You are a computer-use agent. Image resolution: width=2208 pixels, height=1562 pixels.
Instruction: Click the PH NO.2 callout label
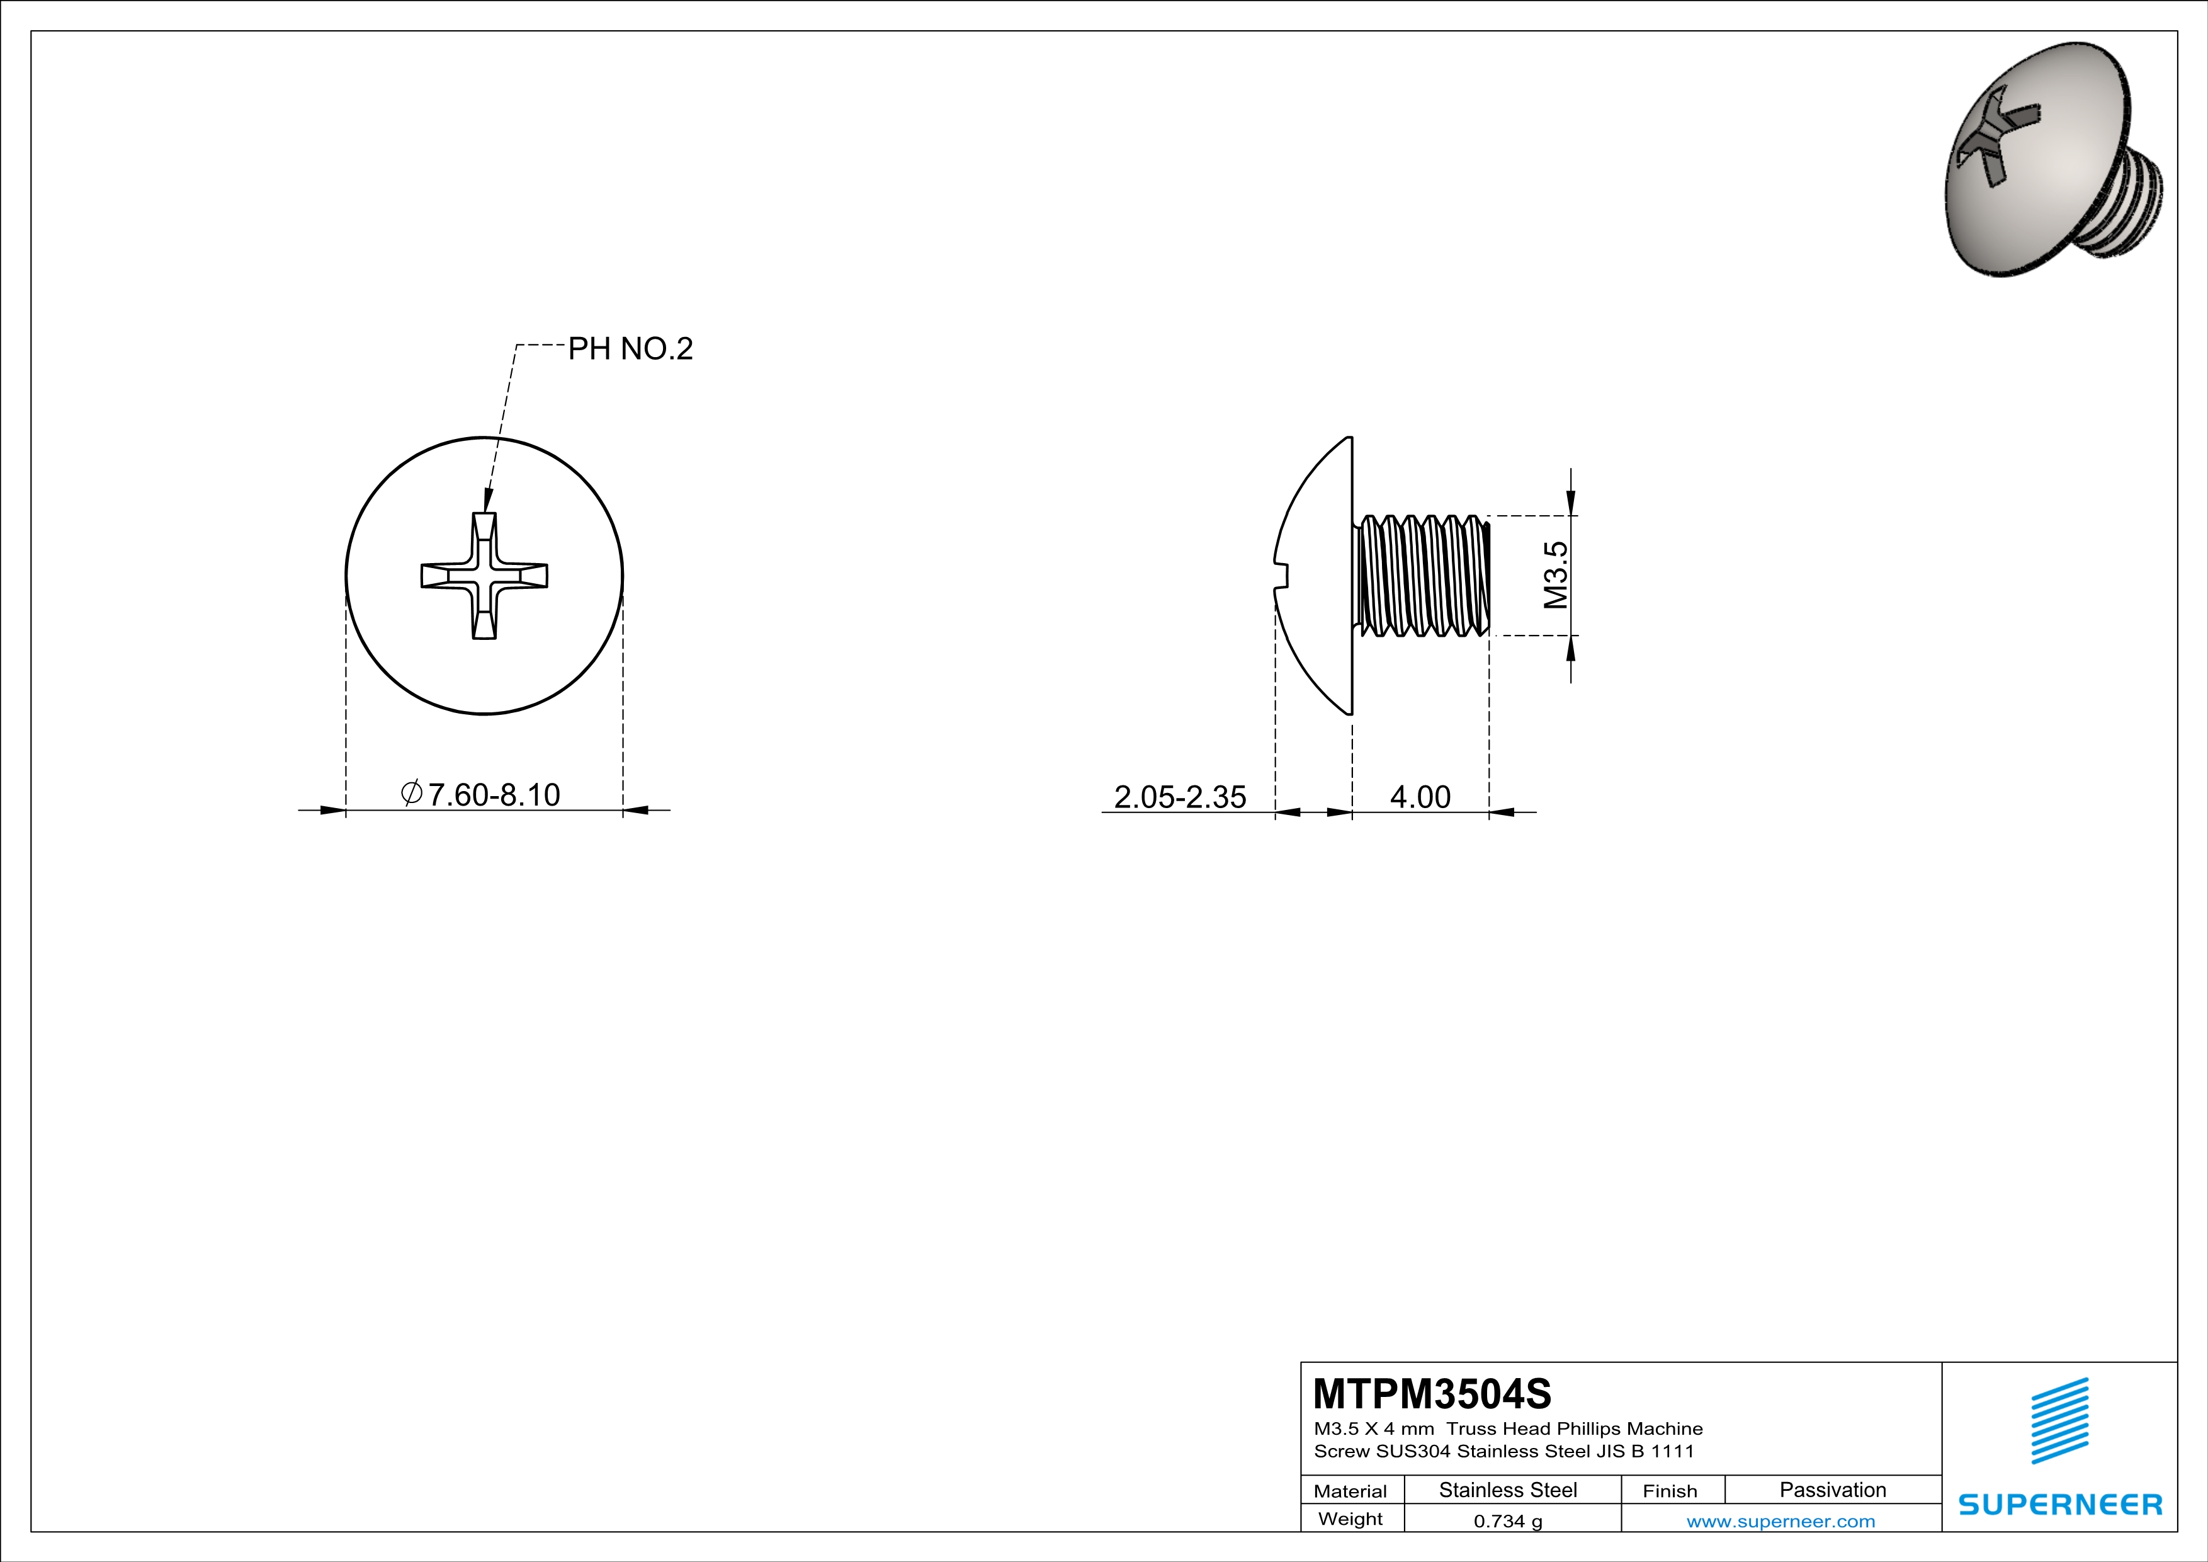(630, 348)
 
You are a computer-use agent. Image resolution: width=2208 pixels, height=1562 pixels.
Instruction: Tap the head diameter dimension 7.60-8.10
(492, 794)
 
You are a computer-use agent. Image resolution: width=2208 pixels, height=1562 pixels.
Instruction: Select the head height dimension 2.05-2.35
(1179, 796)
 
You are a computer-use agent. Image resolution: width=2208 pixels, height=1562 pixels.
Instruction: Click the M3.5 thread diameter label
(1555, 575)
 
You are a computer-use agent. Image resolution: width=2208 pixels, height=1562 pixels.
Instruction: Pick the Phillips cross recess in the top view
(485, 575)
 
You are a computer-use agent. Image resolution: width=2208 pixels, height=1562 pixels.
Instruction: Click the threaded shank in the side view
(1422, 575)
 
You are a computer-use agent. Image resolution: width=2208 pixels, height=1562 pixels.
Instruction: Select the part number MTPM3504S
(1431, 1393)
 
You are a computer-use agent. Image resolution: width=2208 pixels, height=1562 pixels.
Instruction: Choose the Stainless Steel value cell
(1508, 1490)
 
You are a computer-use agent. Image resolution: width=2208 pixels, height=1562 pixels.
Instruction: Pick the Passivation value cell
(1832, 1490)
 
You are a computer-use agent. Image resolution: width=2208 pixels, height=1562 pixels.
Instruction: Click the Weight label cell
(1350, 1519)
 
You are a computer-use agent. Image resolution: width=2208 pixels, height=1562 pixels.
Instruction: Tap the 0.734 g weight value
(1508, 1520)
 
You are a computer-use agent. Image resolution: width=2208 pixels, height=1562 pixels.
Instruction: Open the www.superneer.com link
(1780, 1520)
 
